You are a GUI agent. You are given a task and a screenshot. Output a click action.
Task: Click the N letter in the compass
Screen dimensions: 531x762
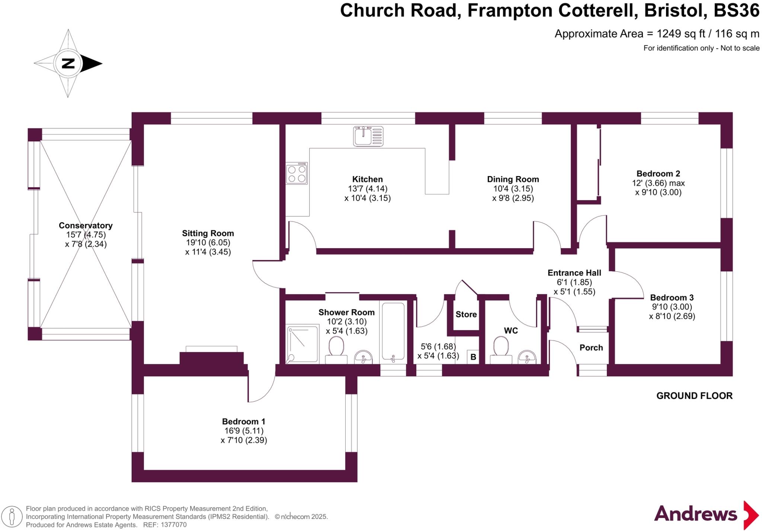pos(68,63)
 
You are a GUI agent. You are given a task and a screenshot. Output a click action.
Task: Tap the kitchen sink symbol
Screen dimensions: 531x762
pos(368,136)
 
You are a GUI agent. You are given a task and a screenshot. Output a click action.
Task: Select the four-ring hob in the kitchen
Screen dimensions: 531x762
pos(297,174)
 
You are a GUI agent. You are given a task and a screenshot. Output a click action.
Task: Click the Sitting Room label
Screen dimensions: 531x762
pos(208,233)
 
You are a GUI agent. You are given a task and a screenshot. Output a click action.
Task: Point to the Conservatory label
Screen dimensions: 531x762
pos(86,225)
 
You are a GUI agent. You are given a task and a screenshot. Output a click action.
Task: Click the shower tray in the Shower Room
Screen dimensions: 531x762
pos(302,344)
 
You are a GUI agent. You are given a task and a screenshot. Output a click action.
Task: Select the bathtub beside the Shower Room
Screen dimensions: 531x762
pos(393,331)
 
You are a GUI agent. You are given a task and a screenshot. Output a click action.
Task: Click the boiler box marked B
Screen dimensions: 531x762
pos(473,357)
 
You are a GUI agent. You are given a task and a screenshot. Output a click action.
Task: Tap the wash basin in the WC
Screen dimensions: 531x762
pos(527,357)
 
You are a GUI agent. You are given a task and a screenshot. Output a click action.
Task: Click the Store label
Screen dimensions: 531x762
pos(466,314)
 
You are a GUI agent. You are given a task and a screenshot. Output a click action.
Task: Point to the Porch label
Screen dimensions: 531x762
pos(591,348)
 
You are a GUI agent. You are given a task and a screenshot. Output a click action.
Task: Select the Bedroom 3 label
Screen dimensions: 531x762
pos(672,298)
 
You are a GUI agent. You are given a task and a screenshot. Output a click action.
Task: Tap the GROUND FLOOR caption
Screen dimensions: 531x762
pos(694,396)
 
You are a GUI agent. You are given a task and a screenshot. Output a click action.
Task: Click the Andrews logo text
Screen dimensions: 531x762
pos(695,514)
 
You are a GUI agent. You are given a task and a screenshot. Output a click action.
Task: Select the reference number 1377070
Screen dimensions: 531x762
pos(174,525)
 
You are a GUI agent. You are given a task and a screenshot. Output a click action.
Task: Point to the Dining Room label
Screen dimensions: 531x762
pos(513,179)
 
